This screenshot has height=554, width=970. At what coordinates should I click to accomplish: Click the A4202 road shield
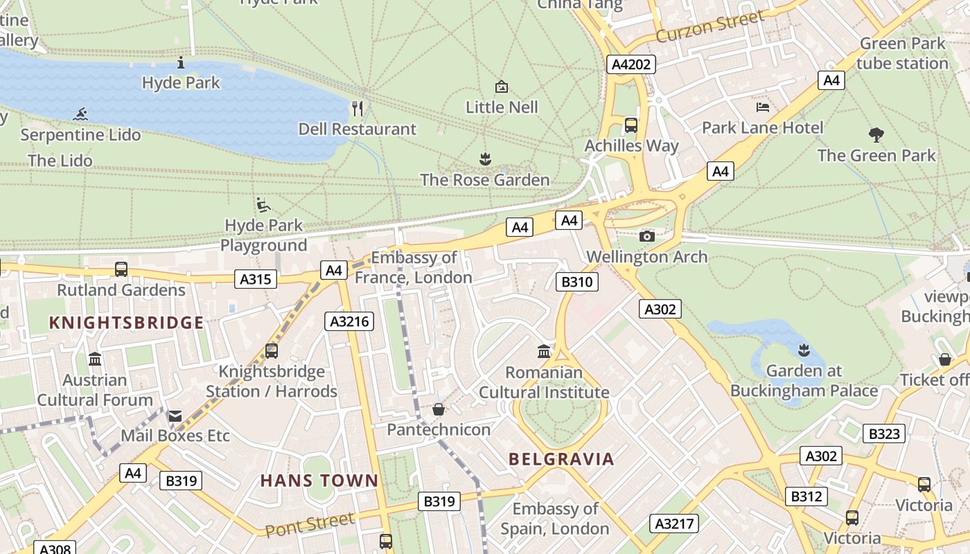631,64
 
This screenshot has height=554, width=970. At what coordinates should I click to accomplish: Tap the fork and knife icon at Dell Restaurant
358,109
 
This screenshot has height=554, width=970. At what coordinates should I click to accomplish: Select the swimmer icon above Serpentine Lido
81,114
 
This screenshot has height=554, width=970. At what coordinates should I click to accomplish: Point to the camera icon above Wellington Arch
647,236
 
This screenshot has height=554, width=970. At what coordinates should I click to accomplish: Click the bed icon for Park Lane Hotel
763,107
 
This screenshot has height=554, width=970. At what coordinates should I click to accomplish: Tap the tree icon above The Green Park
876,134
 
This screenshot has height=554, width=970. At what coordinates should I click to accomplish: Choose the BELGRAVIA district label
561,459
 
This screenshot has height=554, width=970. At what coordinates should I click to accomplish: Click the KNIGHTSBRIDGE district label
127,323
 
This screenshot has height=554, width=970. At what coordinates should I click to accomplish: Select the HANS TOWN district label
319,481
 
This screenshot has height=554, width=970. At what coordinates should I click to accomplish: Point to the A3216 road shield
349,321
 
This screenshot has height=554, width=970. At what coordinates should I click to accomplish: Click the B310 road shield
576,282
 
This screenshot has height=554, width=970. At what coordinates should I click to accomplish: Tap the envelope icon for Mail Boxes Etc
175,415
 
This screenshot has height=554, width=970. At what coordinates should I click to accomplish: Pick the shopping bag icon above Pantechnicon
439,409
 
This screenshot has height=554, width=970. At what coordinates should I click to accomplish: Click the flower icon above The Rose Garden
485,159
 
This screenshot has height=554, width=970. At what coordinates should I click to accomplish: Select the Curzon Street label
709,26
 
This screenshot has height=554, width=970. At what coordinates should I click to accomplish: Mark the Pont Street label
310,524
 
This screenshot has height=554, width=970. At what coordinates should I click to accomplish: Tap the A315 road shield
256,279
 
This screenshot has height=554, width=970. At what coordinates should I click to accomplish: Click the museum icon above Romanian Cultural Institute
544,352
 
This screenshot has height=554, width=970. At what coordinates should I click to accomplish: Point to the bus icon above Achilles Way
631,125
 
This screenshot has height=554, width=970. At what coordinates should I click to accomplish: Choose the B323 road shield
884,434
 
